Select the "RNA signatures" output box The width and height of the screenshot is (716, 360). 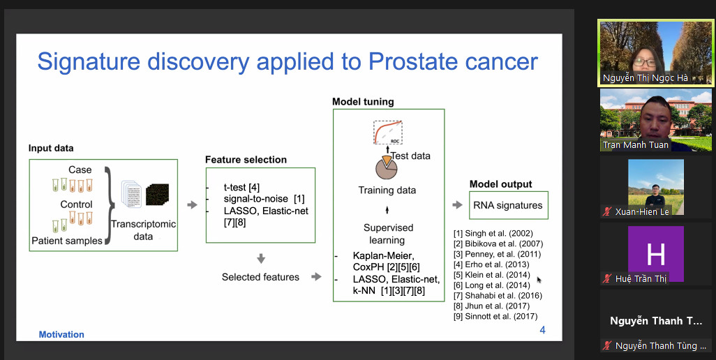click(507, 205)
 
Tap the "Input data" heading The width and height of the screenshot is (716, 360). click(51, 149)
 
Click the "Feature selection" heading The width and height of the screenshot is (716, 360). click(246, 160)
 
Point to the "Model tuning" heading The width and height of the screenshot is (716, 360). click(363, 102)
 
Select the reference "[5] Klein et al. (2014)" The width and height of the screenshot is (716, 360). click(492, 275)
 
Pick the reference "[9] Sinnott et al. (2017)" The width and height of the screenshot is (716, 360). click(495, 316)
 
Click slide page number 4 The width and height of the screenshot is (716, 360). click(542, 330)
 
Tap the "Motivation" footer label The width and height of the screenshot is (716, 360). click(61, 335)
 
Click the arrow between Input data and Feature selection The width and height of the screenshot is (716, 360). click(192, 205)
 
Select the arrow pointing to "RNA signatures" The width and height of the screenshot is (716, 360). click(458, 205)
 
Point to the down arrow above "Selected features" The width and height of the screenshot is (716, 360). click(261, 259)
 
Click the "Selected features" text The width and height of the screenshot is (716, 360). click(260, 277)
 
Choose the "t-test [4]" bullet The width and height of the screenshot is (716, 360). click(241, 187)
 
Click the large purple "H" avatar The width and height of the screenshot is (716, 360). click(655, 255)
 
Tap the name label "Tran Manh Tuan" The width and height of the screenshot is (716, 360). click(636, 145)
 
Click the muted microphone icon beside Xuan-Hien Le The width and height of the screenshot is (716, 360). click(608, 212)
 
